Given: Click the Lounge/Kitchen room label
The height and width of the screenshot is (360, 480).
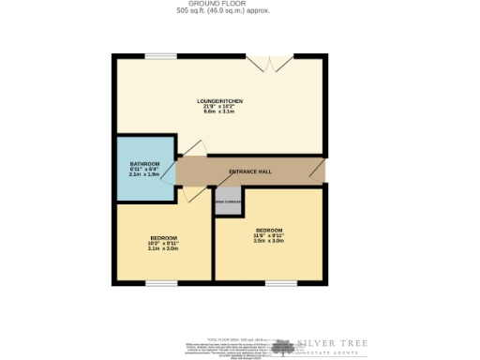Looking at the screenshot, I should click(x=220, y=100).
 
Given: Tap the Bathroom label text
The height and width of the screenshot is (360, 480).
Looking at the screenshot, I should click(x=144, y=164).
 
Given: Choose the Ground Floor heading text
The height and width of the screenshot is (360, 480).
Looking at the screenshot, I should click(x=221, y=5).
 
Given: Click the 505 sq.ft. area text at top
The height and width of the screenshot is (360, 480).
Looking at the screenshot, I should click(x=221, y=12).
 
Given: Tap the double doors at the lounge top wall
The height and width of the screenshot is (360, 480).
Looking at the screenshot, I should click(x=270, y=62).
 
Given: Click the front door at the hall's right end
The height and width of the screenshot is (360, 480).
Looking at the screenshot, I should click(x=319, y=171).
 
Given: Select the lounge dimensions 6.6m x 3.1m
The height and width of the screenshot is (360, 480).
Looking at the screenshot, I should click(x=220, y=112).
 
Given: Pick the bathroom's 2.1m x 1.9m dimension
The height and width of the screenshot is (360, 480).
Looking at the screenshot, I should click(x=144, y=175).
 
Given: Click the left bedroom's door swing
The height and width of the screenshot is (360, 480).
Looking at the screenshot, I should click(x=192, y=192).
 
